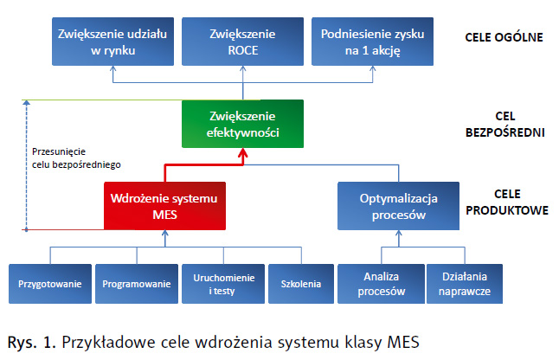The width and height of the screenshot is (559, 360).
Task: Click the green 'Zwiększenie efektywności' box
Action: click(243, 124)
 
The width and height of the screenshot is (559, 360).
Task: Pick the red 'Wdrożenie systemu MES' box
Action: click(164, 206)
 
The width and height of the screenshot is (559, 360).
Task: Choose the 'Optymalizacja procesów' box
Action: click(393, 206)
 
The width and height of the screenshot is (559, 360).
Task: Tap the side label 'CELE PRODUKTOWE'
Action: click(506, 202)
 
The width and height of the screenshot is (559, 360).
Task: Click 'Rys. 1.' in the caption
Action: click(30, 341)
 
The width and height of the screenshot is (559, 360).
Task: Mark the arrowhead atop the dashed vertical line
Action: click(28, 104)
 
